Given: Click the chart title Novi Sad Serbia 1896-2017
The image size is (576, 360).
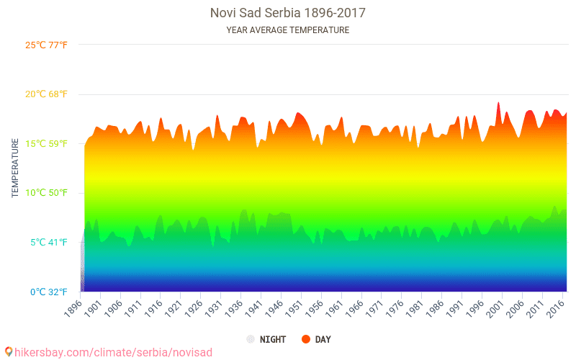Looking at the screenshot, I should (x=287, y=13).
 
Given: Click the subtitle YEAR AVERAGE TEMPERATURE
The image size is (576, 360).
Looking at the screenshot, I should (x=287, y=30).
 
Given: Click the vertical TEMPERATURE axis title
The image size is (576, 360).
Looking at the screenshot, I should (x=15, y=168).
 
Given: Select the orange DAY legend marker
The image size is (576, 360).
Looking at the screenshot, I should (x=305, y=339).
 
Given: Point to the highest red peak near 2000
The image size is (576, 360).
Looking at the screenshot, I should (x=498, y=103).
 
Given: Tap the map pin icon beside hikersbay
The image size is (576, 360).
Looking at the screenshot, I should (x=8, y=351).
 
